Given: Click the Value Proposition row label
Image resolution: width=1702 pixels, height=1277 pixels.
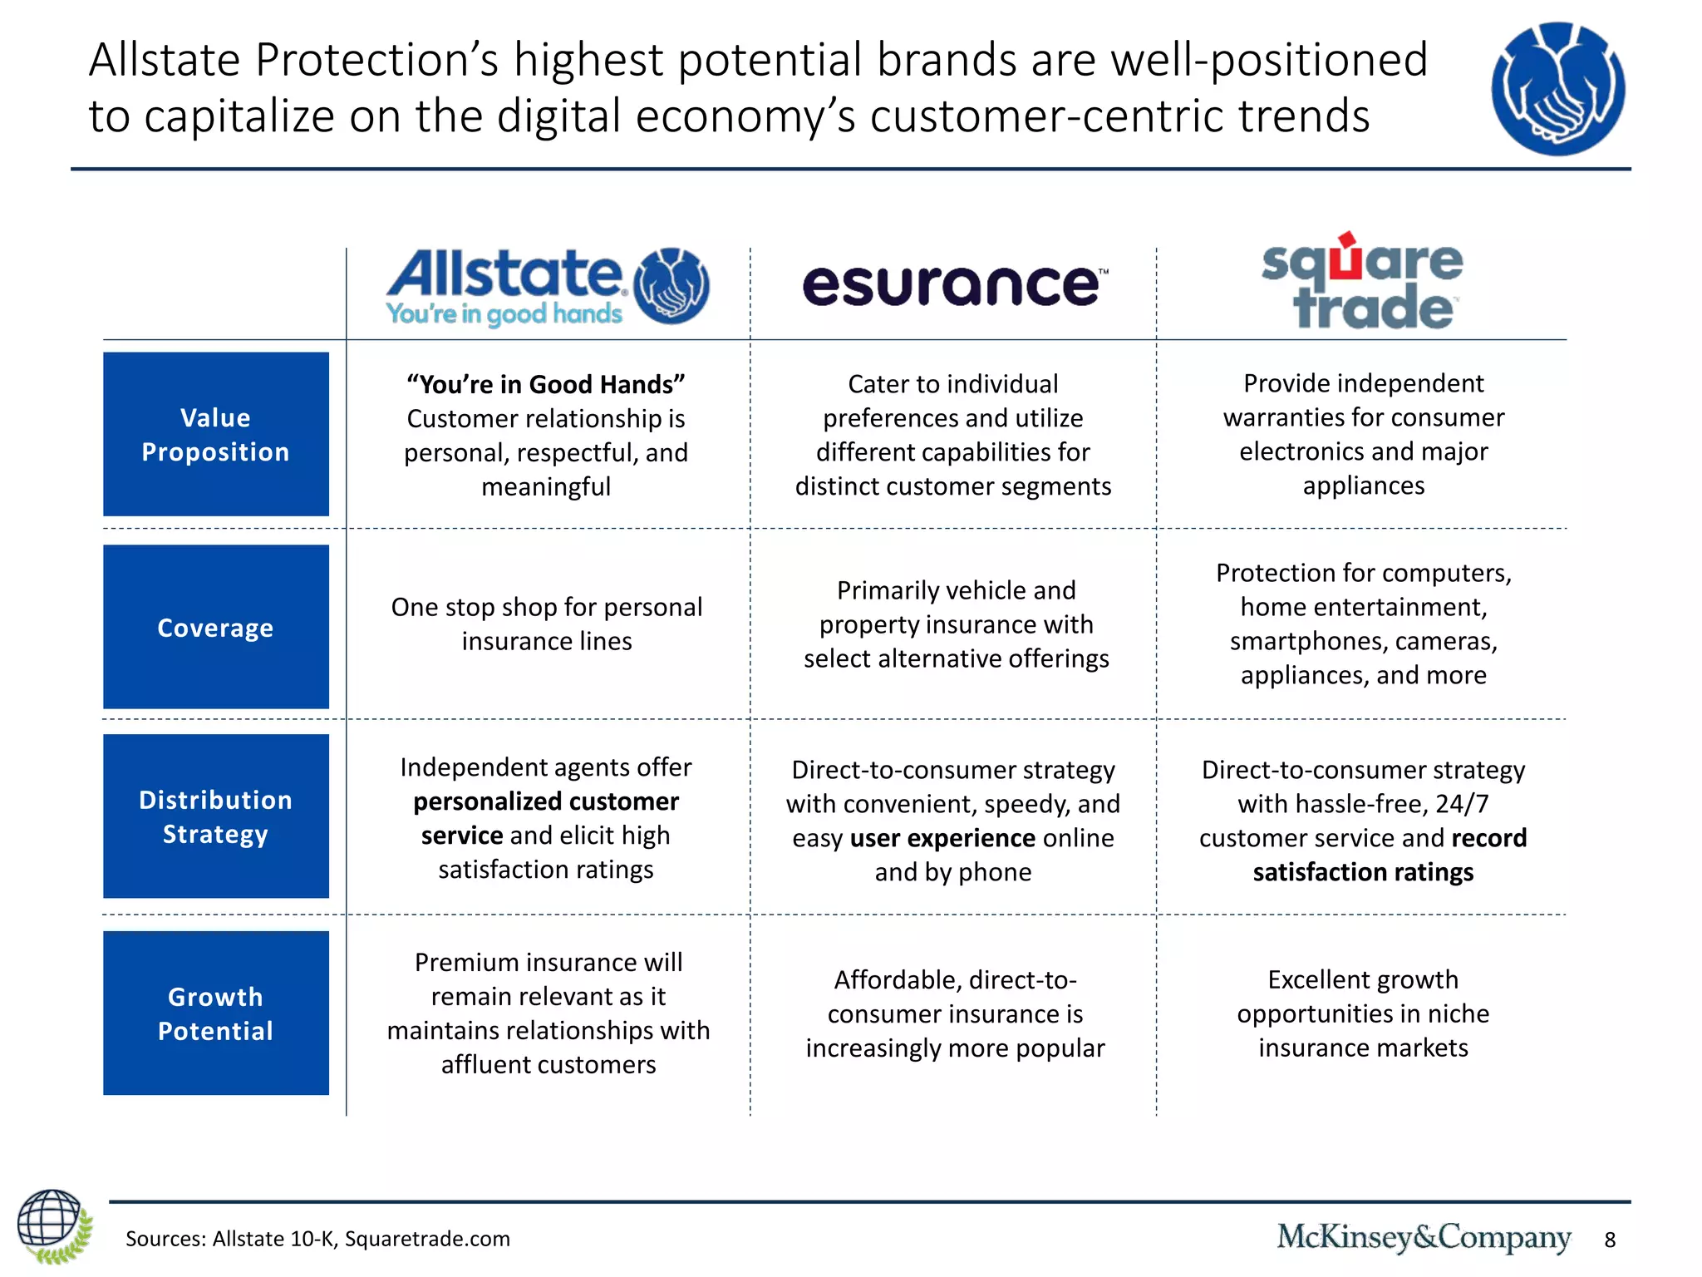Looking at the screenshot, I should pyautogui.click(x=215, y=434).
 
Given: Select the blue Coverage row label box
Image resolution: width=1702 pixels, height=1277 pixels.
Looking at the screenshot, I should pyautogui.click(x=215, y=627).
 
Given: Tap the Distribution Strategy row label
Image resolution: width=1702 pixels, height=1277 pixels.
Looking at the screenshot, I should pyautogui.click(x=215, y=816).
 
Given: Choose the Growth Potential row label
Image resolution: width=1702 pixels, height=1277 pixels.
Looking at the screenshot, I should pyautogui.click(x=215, y=1013).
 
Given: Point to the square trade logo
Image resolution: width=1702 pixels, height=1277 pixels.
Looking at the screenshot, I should pyautogui.click(x=1362, y=283).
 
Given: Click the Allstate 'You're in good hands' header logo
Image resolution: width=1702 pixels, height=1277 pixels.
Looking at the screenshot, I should pyautogui.click(x=547, y=286).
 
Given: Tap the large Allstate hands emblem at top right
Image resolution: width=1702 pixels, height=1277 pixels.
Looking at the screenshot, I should pyautogui.click(x=1557, y=88).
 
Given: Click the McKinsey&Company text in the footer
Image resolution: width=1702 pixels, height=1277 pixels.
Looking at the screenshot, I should pyautogui.click(x=1423, y=1237).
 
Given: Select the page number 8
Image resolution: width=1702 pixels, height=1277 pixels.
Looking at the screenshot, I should pyautogui.click(x=1610, y=1240).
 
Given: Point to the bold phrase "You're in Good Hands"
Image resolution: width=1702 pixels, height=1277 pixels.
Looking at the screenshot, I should pyautogui.click(x=546, y=384).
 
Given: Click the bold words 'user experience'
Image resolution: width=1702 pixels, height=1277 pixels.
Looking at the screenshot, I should pyautogui.click(x=942, y=838).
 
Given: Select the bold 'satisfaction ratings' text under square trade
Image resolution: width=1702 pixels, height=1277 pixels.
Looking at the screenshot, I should pyautogui.click(x=1363, y=872).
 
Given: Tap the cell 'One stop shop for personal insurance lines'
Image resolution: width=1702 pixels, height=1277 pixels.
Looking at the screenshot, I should pyautogui.click(x=546, y=624).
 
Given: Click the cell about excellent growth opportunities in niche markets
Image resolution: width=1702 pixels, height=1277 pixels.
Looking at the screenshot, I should pyautogui.click(x=1363, y=1013).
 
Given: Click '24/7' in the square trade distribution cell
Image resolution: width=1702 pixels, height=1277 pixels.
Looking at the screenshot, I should pyautogui.click(x=1462, y=804).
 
